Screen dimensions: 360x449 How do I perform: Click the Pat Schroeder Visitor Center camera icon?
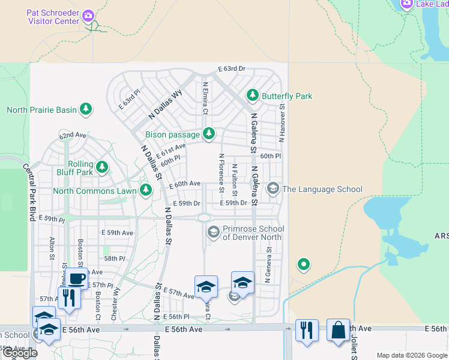(88, 14)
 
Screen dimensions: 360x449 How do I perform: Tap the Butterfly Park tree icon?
(253, 96)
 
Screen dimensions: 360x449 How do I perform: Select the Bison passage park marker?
(208, 134)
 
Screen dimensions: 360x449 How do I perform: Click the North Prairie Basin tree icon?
(86, 109)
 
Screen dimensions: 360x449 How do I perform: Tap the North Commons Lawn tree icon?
(145, 191)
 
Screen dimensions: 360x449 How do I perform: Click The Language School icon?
(273, 189)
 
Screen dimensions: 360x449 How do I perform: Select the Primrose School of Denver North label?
(253, 233)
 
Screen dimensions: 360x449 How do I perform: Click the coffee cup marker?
(76, 279)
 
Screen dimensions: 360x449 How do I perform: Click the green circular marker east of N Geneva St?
(304, 264)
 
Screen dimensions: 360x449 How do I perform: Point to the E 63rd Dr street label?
(232, 69)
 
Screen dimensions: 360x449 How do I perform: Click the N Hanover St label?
(281, 123)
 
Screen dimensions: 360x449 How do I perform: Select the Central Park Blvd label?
(28, 192)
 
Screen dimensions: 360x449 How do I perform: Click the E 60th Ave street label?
(184, 184)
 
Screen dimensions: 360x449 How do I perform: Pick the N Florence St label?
(221, 173)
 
